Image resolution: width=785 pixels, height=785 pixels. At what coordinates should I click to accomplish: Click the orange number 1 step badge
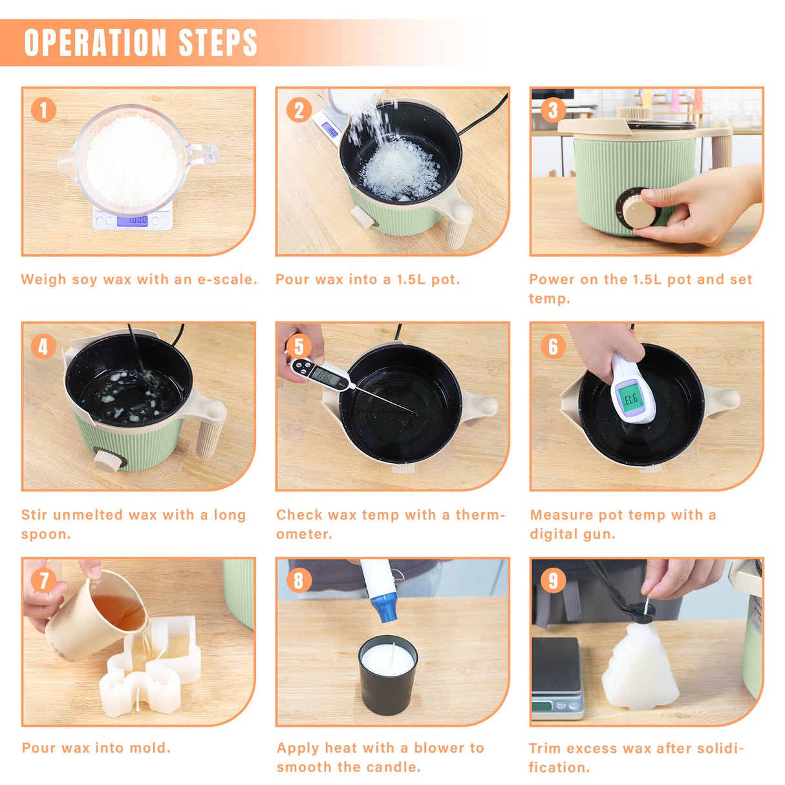[43, 110]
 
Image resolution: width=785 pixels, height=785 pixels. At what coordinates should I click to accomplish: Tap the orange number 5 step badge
[299, 346]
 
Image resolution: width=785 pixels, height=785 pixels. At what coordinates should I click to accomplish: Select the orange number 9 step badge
[553, 581]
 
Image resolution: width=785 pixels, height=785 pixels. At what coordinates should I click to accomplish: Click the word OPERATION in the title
[95, 43]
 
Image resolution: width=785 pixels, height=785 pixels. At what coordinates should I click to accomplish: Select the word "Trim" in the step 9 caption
[545, 748]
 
